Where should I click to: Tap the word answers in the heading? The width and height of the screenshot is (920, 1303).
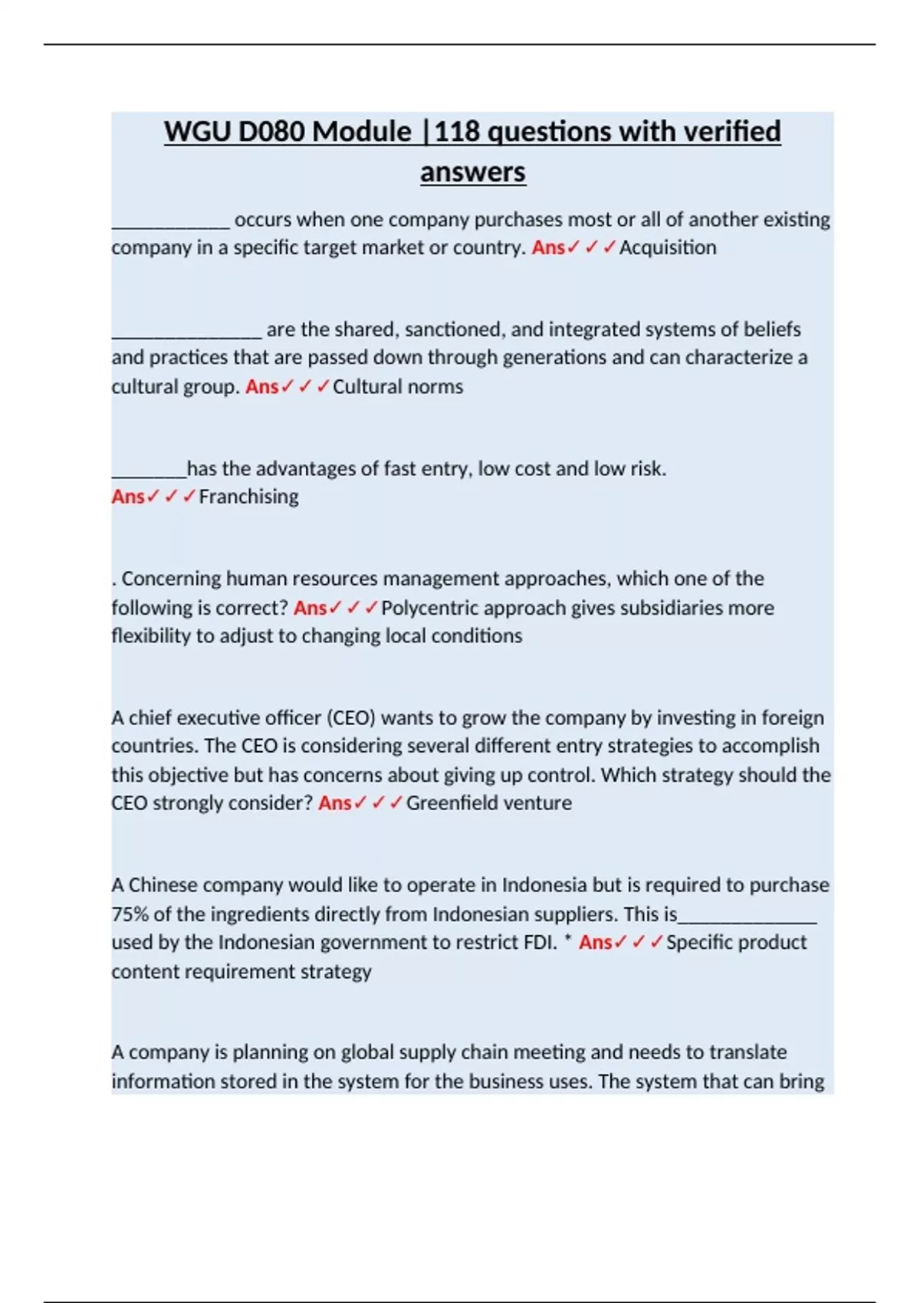(472, 172)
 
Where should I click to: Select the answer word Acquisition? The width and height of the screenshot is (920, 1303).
(668, 248)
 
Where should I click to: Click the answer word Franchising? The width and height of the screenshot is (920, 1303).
(248, 497)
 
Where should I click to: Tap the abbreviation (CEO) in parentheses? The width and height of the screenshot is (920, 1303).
(351, 718)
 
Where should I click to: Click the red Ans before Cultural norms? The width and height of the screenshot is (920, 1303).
(261, 387)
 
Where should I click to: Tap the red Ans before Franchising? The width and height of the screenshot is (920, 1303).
(127, 497)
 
